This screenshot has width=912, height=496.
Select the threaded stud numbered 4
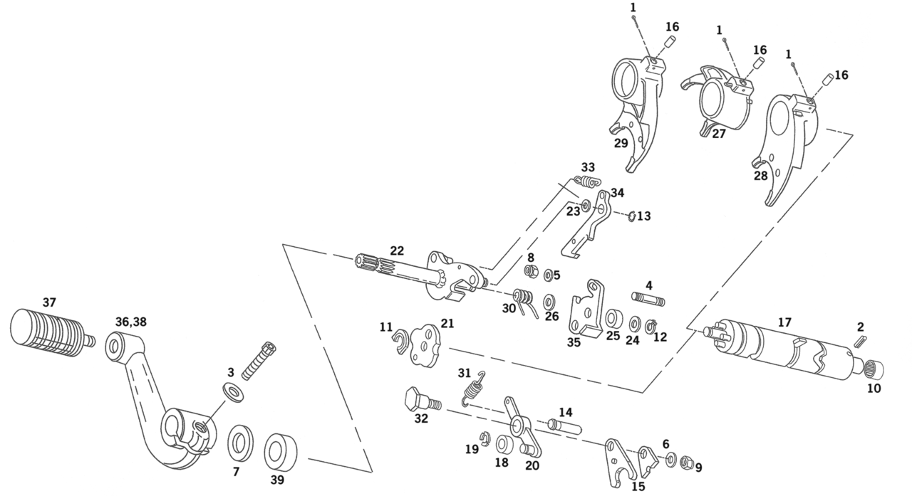(x=647, y=298)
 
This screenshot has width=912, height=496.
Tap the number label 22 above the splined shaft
(x=397, y=250)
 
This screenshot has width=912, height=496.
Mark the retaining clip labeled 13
(x=632, y=217)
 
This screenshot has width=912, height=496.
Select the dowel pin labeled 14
(x=565, y=426)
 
